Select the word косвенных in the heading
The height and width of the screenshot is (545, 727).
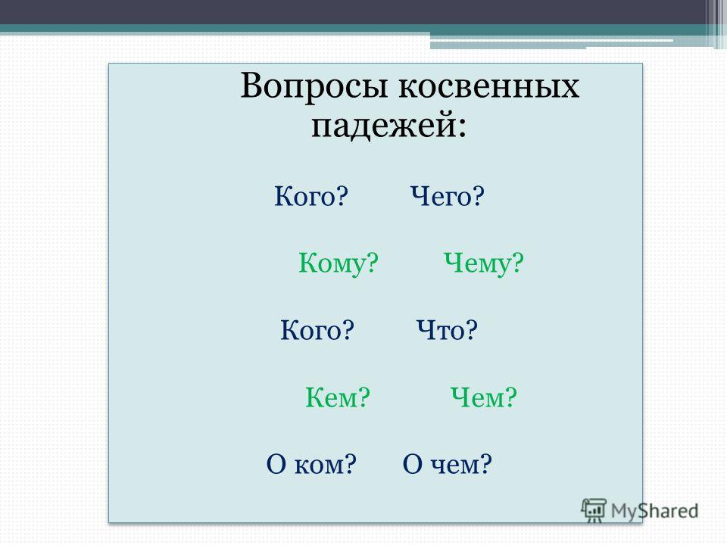tap(489, 86)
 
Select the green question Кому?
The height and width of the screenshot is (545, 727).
tap(338, 263)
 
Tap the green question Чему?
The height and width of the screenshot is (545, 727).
tap(484, 263)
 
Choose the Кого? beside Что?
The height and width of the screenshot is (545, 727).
tap(317, 330)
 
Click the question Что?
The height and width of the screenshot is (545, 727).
tap(447, 330)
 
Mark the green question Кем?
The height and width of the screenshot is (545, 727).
tap(338, 397)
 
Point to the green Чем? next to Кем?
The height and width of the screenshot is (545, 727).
tap(484, 397)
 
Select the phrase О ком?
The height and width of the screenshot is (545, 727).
tap(311, 464)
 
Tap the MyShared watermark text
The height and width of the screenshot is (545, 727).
tap(654, 511)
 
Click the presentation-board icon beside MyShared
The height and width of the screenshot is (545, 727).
tap(594, 510)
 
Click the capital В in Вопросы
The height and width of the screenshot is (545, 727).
tap(251, 86)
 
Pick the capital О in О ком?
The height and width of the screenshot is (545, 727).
tap(276, 464)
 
